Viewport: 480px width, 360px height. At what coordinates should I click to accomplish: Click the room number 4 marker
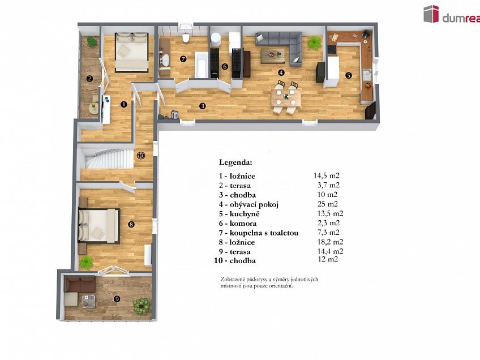tap(281, 72)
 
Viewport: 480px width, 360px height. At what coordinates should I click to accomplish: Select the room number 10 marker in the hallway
tap(140, 155)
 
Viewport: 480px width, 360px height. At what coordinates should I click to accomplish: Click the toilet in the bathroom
tap(185, 37)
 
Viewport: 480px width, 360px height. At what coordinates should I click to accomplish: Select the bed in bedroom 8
tap(100, 225)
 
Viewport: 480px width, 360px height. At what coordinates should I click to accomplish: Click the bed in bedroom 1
tap(132, 50)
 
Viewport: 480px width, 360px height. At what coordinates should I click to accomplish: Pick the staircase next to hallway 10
tap(108, 157)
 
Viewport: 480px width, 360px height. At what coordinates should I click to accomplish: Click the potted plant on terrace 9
tap(140, 306)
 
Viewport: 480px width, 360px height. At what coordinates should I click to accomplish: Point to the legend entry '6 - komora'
tap(238, 223)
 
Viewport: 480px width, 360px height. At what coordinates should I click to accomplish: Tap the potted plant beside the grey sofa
tap(314, 43)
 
